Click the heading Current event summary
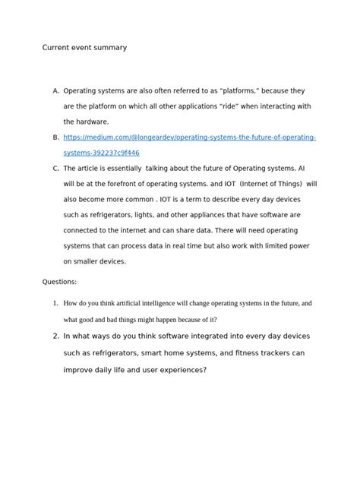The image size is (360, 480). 84,48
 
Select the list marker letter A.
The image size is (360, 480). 55,90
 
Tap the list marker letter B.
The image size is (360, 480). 55,137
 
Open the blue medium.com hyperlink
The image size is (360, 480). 189,137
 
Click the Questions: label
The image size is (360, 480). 59,282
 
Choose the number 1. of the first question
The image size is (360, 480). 55,303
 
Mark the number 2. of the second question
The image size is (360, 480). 55,335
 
